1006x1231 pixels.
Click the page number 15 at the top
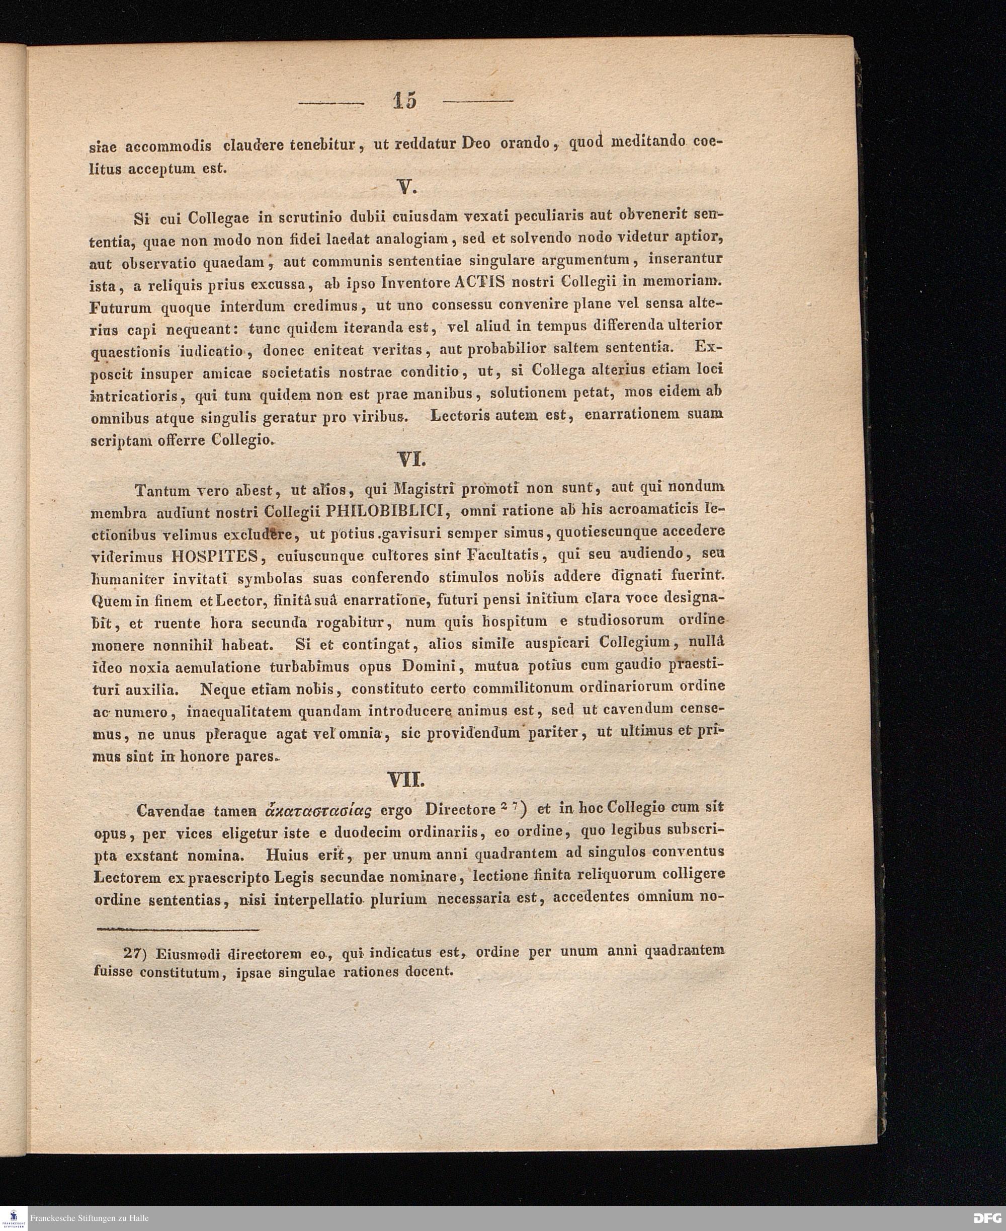point(404,101)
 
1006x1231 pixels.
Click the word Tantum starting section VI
point(163,491)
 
